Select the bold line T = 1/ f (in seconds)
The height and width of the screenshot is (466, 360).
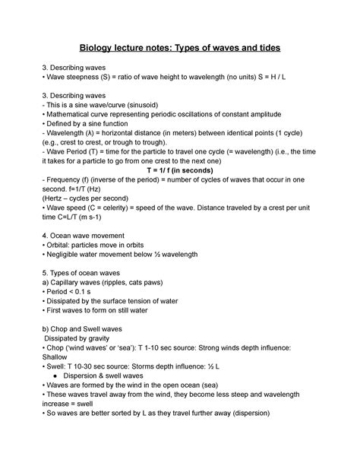coord(180,193)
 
